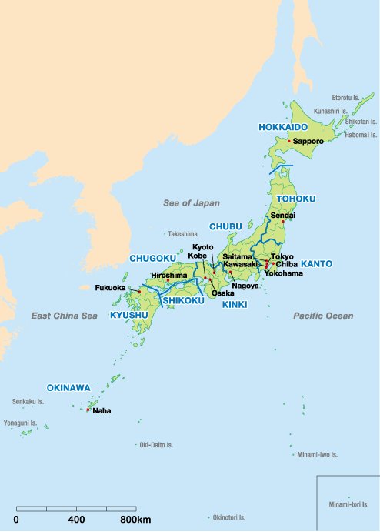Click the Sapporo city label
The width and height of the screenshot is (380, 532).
[308, 142]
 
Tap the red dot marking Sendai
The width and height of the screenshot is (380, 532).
[282, 222]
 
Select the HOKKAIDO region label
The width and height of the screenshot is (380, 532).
[283, 126]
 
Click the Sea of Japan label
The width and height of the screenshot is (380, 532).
[192, 203]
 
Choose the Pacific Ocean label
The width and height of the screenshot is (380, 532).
[323, 316]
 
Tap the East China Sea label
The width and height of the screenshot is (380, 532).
[65, 316]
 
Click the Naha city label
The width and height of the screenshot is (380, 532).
[102, 411]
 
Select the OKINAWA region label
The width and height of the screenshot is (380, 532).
[68, 387]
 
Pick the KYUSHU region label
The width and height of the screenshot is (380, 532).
[129, 316]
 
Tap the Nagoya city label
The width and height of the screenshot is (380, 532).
[245, 286]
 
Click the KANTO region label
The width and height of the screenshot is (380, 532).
[316, 264]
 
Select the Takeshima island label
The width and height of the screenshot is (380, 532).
[183, 233]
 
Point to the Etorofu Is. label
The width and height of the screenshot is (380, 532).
[345, 98]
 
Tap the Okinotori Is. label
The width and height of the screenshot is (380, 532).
[232, 518]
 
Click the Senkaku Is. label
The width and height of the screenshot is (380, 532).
[28, 401]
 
